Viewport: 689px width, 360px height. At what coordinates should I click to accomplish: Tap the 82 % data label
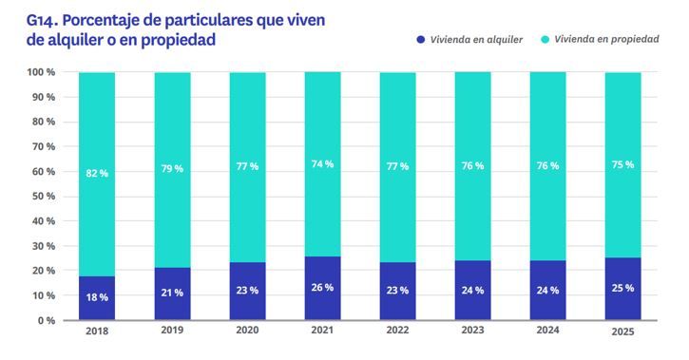coord(97,173)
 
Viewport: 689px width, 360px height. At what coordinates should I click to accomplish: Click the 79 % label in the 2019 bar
coord(172,168)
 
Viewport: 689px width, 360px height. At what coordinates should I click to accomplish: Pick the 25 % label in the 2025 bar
coord(622,288)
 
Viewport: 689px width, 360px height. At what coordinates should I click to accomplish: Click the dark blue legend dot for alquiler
coord(419,40)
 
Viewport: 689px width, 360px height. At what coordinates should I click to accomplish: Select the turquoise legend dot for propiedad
coord(545,40)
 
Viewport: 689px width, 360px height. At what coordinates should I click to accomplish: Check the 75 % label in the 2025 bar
coord(622,164)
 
